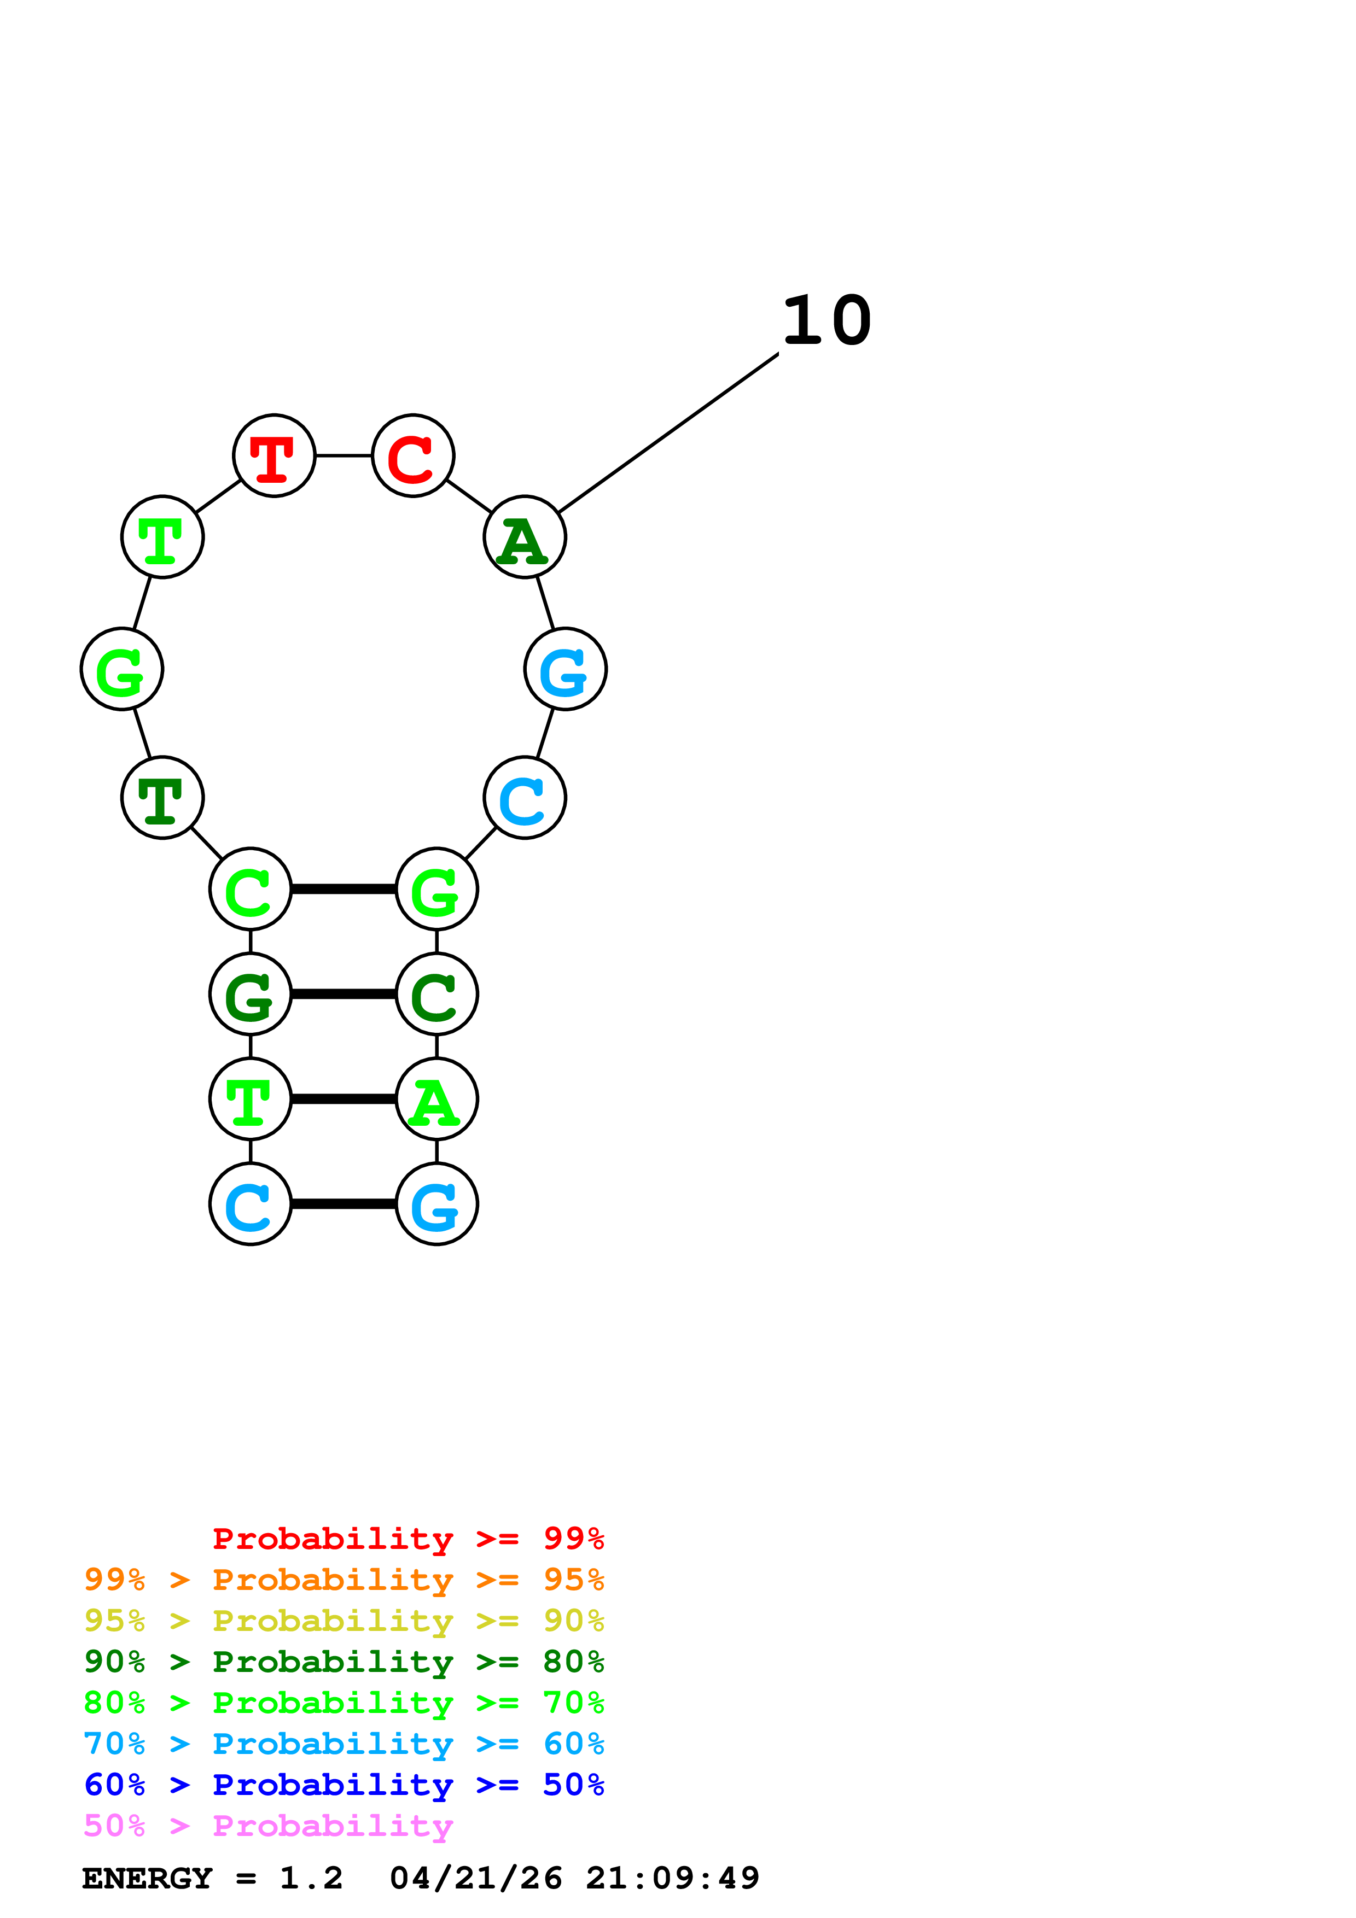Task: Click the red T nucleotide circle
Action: point(274,455)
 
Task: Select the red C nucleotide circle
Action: point(413,455)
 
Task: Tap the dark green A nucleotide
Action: point(525,536)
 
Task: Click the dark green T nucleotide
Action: point(162,797)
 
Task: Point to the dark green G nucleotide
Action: point(250,993)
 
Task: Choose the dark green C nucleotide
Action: point(436,993)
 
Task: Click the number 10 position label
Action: point(827,321)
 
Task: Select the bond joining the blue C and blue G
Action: point(344,1204)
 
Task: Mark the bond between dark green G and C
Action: point(344,993)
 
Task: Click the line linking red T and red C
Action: point(344,455)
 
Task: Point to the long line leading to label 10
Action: point(668,432)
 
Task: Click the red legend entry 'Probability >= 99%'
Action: point(408,1538)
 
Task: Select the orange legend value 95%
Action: point(573,1580)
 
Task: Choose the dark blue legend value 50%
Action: point(573,1785)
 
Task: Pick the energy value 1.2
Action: point(311,1878)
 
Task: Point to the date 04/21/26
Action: point(475,1878)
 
